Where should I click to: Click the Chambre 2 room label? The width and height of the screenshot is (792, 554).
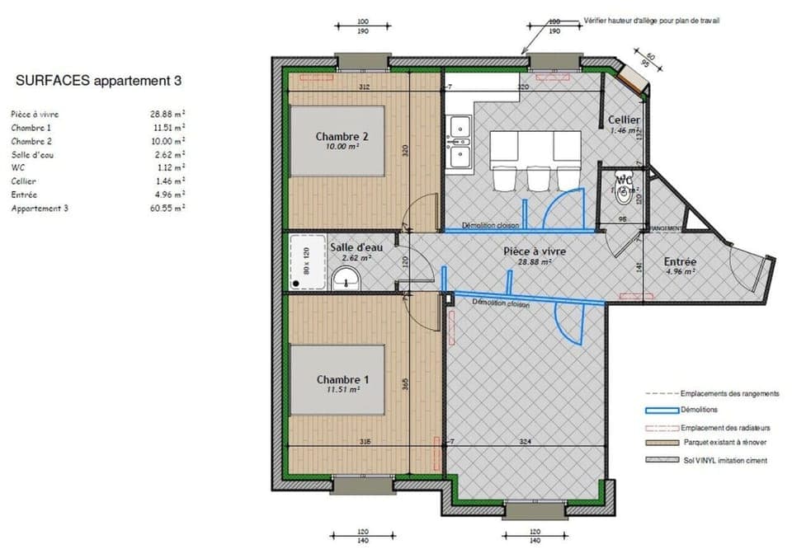point(342,136)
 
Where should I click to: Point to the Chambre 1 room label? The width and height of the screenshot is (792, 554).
point(342,379)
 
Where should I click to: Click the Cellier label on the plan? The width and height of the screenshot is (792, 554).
point(625,120)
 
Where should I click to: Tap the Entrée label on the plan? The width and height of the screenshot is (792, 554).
point(681,263)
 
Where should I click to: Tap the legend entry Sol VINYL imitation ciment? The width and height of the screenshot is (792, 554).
point(724,460)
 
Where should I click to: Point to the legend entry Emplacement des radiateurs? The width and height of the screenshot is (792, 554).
point(725,428)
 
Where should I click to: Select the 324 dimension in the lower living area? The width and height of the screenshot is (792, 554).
point(524,442)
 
